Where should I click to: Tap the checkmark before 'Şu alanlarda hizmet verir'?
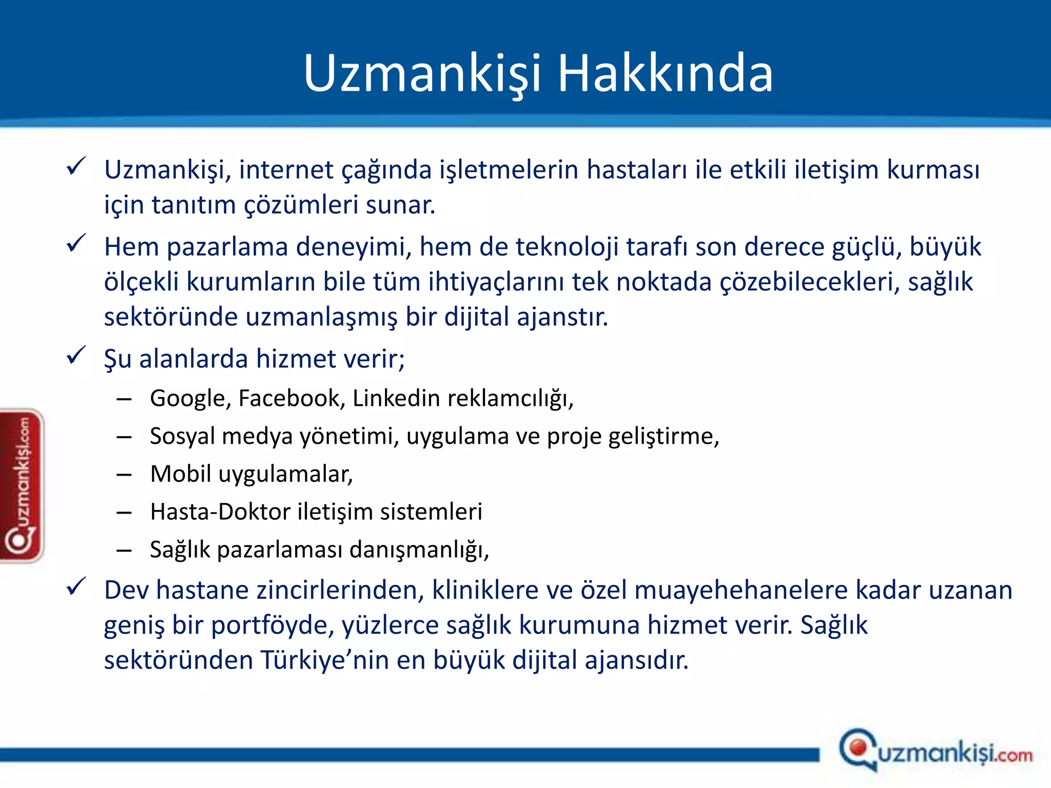click(76, 355)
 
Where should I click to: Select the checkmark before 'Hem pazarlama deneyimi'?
click(76, 243)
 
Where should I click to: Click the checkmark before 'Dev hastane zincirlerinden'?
click(76, 586)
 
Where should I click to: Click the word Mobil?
click(180, 474)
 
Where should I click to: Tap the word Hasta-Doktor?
click(220, 512)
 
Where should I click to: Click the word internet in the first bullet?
click(286, 170)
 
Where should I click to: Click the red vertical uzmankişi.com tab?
click(22, 485)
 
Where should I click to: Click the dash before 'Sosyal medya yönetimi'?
click(124, 437)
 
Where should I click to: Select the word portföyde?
click(273, 625)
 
